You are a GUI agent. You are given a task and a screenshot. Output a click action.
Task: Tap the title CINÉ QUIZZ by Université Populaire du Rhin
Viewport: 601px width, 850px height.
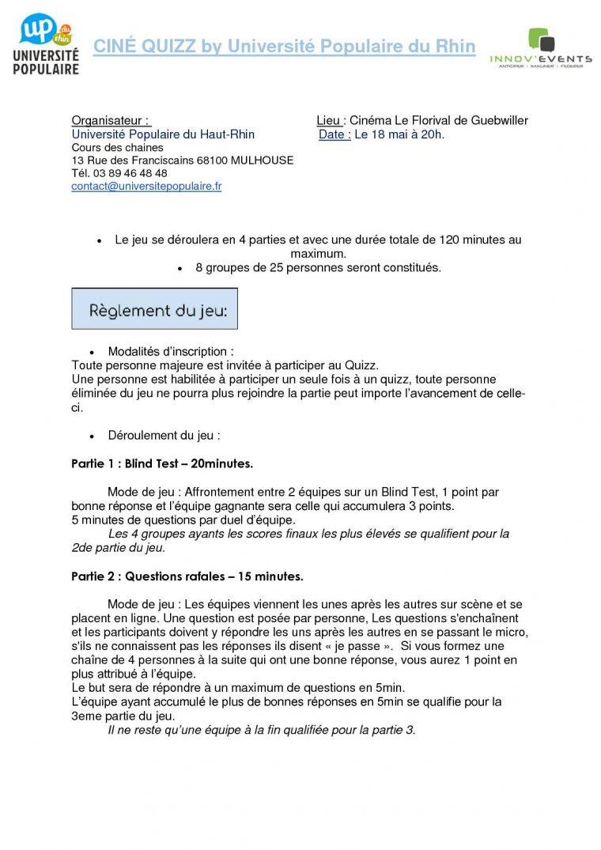tap(285, 47)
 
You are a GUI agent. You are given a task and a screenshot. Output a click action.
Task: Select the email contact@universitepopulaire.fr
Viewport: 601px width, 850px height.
tap(146, 187)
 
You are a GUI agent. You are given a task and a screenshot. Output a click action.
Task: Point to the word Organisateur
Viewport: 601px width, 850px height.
tap(107, 121)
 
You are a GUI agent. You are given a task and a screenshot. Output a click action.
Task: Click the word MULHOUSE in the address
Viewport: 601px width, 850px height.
tap(260, 161)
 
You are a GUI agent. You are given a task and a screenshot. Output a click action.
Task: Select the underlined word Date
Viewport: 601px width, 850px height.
tap(333, 134)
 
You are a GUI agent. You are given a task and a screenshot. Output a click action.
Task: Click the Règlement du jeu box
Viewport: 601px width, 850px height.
tap(155, 308)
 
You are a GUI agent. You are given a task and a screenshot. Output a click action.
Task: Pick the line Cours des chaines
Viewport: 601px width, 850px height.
tap(117, 148)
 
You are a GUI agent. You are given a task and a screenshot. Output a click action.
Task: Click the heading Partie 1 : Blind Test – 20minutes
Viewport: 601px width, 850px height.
tap(162, 463)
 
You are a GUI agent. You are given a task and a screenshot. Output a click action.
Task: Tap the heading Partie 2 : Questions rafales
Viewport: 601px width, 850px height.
tap(187, 576)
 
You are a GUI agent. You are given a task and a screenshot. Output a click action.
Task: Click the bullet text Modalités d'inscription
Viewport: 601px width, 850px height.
tap(171, 351)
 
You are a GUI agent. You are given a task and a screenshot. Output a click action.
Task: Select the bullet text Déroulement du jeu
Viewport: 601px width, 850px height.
tap(164, 436)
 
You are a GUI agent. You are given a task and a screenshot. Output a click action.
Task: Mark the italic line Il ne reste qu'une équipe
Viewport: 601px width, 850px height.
tap(261, 730)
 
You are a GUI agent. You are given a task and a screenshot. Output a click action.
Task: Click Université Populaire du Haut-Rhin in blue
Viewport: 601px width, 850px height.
tap(163, 134)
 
